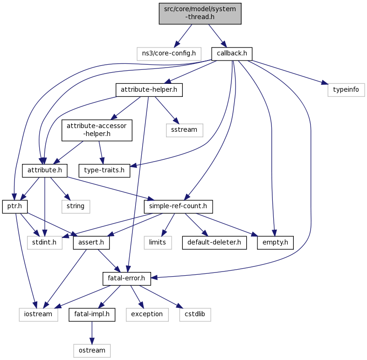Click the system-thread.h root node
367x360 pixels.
point(200,13)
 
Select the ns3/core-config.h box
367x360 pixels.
point(169,53)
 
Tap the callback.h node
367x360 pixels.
point(232,53)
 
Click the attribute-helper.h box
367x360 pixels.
point(149,89)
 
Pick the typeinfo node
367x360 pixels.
point(346,89)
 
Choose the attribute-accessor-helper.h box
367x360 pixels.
point(97,130)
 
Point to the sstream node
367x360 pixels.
point(185,130)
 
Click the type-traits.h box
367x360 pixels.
point(104,170)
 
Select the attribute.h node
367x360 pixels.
point(45,170)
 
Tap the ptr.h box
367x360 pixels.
point(15,206)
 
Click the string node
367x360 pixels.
point(75,206)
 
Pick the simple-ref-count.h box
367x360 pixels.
point(179,206)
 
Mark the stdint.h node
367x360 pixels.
point(44,243)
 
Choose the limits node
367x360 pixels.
point(157,243)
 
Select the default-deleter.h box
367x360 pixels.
point(214,243)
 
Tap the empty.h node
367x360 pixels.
point(275,243)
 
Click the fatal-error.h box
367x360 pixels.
point(126,279)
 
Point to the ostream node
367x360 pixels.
point(92,350)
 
